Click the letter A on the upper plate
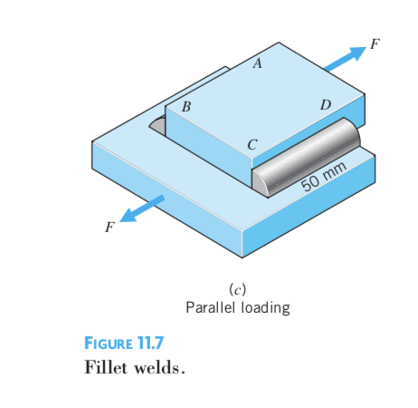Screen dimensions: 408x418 [x=257, y=64]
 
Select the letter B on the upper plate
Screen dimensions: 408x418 [x=186, y=106]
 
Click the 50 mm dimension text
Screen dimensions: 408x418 [x=323, y=176]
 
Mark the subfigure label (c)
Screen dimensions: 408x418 [x=237, y=289]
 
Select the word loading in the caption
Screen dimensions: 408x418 [x=265, y=308]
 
